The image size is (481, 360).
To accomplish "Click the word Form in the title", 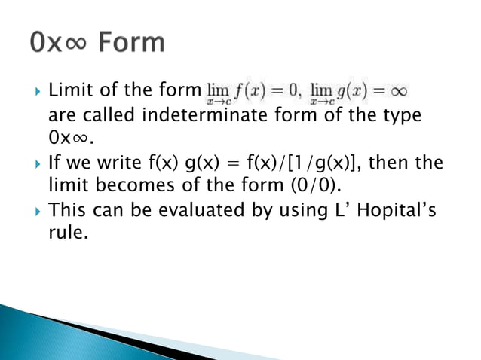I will click(x=130, y=42).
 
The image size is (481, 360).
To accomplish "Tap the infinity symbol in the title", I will click(x=78, y=44).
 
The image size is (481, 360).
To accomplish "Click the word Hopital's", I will click(x=397, y=212).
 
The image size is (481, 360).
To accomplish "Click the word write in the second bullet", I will click(x=112, y=163).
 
